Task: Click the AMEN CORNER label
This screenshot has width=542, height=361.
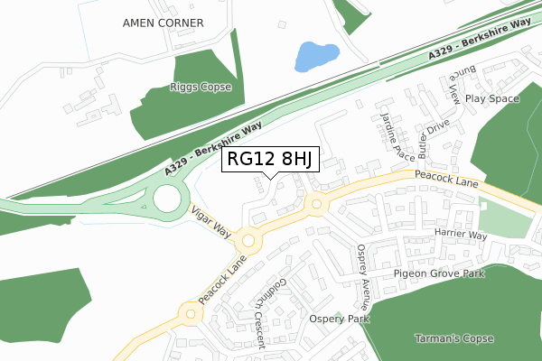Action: pos(163,22)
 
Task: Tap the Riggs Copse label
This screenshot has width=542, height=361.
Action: pos(201,88)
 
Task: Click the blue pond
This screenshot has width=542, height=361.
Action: pos(314,56)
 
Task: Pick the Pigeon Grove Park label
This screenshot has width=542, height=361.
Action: pos(438,273)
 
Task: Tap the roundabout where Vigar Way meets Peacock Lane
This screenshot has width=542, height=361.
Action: pos(248,242)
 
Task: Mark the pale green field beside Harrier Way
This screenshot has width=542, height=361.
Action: pos(505,220)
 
